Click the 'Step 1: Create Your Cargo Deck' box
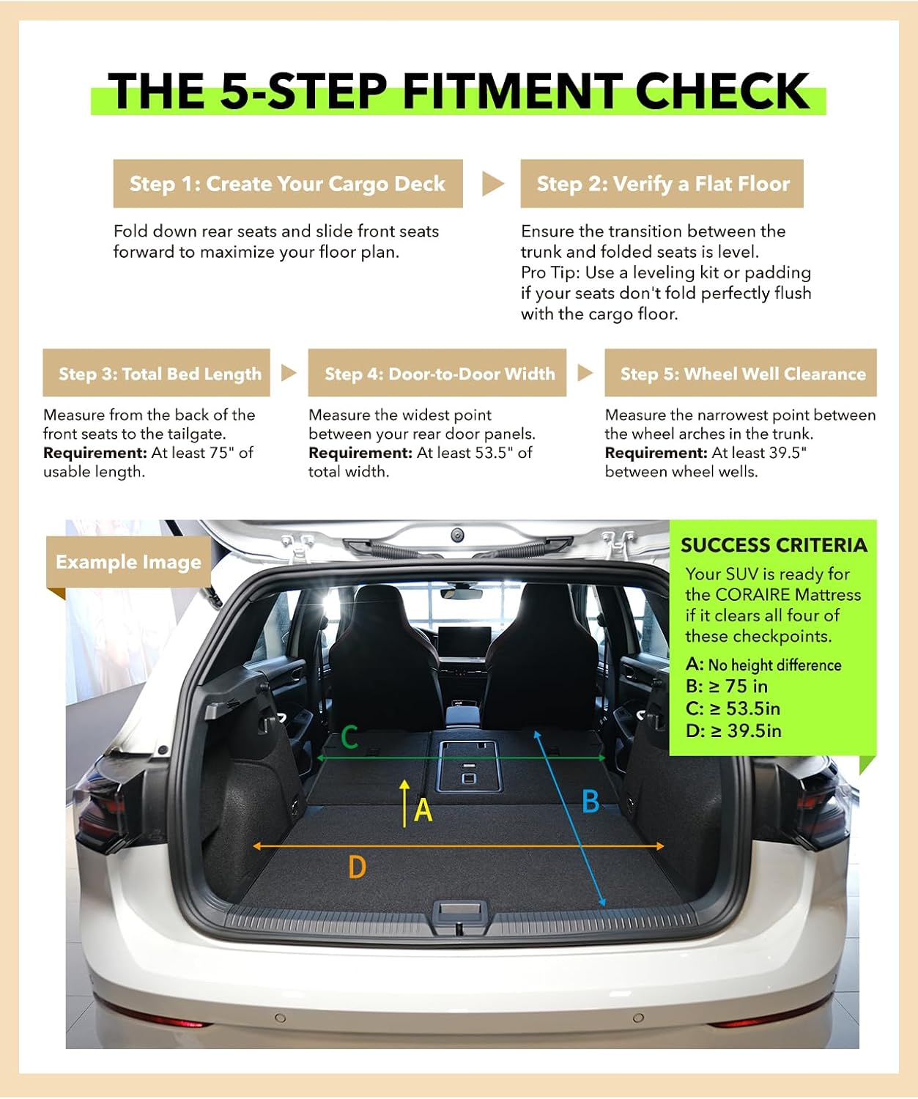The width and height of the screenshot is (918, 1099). click(288, 184)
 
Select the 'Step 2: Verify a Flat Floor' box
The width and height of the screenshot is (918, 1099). click(662, 184)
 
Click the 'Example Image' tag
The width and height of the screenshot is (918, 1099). click(128, 562)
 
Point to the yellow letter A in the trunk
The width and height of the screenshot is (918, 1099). click(423, 810)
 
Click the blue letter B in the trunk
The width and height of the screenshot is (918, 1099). click(591, 802)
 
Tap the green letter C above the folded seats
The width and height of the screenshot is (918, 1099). click(349, 737)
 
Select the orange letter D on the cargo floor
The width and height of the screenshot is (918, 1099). click(358, 867)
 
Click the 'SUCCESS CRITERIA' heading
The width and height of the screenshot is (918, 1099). click(774, 545)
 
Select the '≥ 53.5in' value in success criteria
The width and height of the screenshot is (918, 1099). click(745, 708)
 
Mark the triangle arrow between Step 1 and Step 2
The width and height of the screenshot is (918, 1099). click(492, 184)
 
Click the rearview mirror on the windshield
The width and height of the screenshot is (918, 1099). click(462, 593)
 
